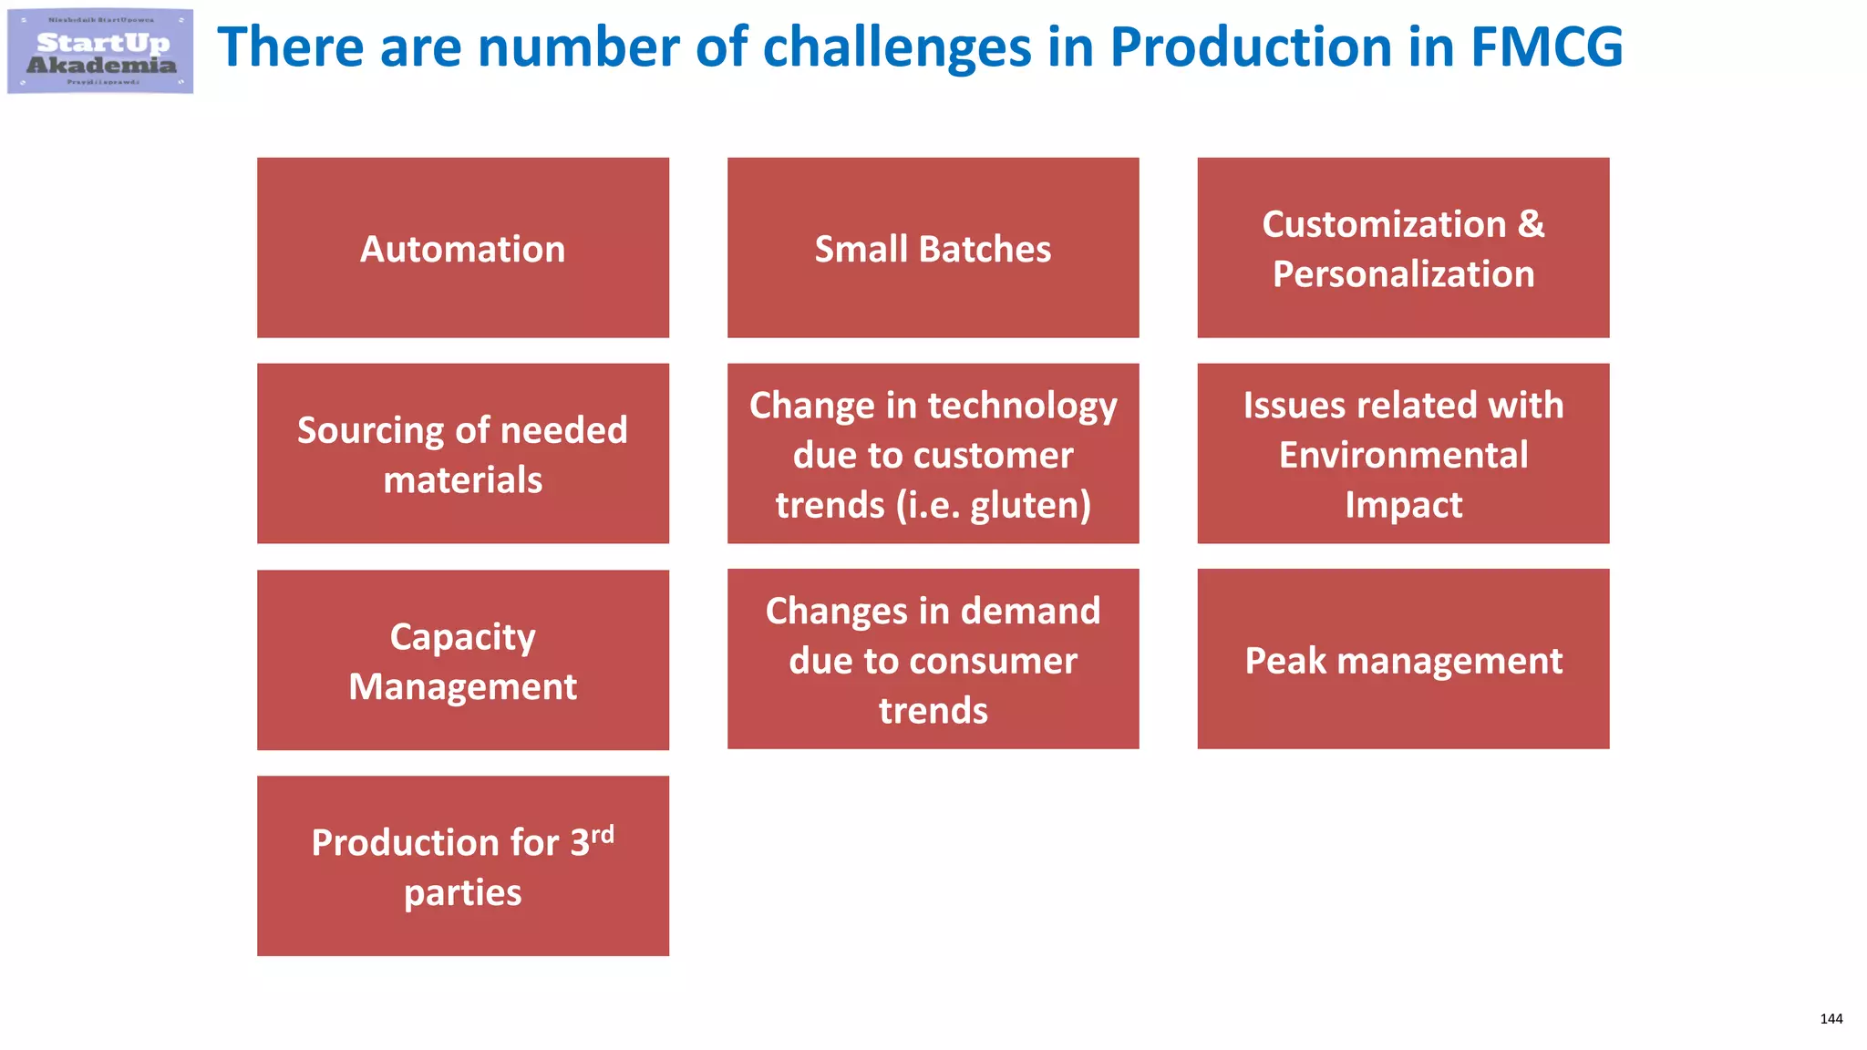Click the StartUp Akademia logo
[100, 51]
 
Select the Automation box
[462, 248]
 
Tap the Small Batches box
[933, 248]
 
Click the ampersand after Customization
[1531, 224]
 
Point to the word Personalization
[1403, 274]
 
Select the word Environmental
[1403, 455]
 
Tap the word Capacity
[462, 637]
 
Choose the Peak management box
[1403, 660]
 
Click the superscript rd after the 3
[603, 834]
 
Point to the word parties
[462, 893]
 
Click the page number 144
[1831, 1019]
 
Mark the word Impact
[1403, 505]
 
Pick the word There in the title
[290, 47]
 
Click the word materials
[462, 480]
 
